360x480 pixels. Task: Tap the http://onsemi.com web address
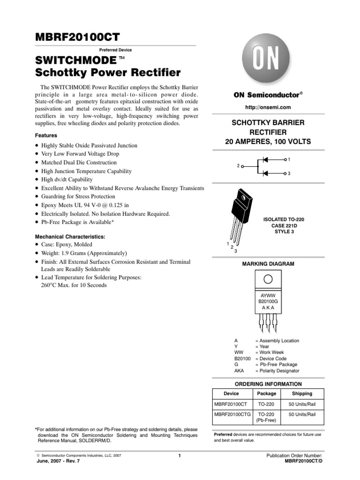pos(269,107)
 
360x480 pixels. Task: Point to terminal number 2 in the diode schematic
pos(238,166)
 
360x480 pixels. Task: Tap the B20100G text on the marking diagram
pos(268,301)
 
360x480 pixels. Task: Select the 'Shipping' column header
pos(302,394)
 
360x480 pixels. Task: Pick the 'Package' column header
pos(267,394)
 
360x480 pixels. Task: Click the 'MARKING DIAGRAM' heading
pos(268,264)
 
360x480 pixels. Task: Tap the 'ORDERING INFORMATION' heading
pos(268,384)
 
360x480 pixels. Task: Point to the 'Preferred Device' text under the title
pos(116,50)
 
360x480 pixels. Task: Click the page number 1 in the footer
pos(180,456)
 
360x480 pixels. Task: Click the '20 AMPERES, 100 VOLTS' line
pos(268,142)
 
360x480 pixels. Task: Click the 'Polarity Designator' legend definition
pos(277,371)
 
